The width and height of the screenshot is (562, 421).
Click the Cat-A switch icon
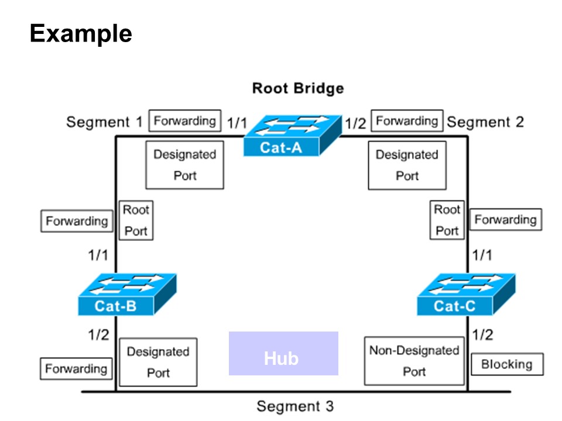point(293,135)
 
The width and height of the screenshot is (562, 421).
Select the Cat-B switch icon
point(127,294)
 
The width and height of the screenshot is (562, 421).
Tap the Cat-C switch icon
point(467,294)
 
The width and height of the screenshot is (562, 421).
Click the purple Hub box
point(283,353)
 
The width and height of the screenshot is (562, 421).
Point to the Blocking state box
point(507,364)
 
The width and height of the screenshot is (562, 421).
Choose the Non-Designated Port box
point(414,361)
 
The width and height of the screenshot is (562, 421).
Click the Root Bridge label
point(298,88)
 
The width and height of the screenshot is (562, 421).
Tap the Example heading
point(81,34)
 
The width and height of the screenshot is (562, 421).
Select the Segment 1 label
point(105,122)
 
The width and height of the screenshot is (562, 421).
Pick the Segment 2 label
point(485,122)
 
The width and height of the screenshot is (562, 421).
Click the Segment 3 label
point(295,406)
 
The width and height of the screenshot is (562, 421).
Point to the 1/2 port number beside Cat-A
point(355,123)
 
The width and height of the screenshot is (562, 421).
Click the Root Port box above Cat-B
point(136,220)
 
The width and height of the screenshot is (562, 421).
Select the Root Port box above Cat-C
point(447,220)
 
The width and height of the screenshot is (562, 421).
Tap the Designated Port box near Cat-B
point(158,362)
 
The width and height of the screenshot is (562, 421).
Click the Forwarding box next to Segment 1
point(185,120)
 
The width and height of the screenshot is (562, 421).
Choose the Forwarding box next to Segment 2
point(407,120)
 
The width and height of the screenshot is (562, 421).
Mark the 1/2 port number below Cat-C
point(482,334)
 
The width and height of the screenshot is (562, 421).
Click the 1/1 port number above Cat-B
point(98,256)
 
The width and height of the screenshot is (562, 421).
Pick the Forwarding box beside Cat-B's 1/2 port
point(76,368)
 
